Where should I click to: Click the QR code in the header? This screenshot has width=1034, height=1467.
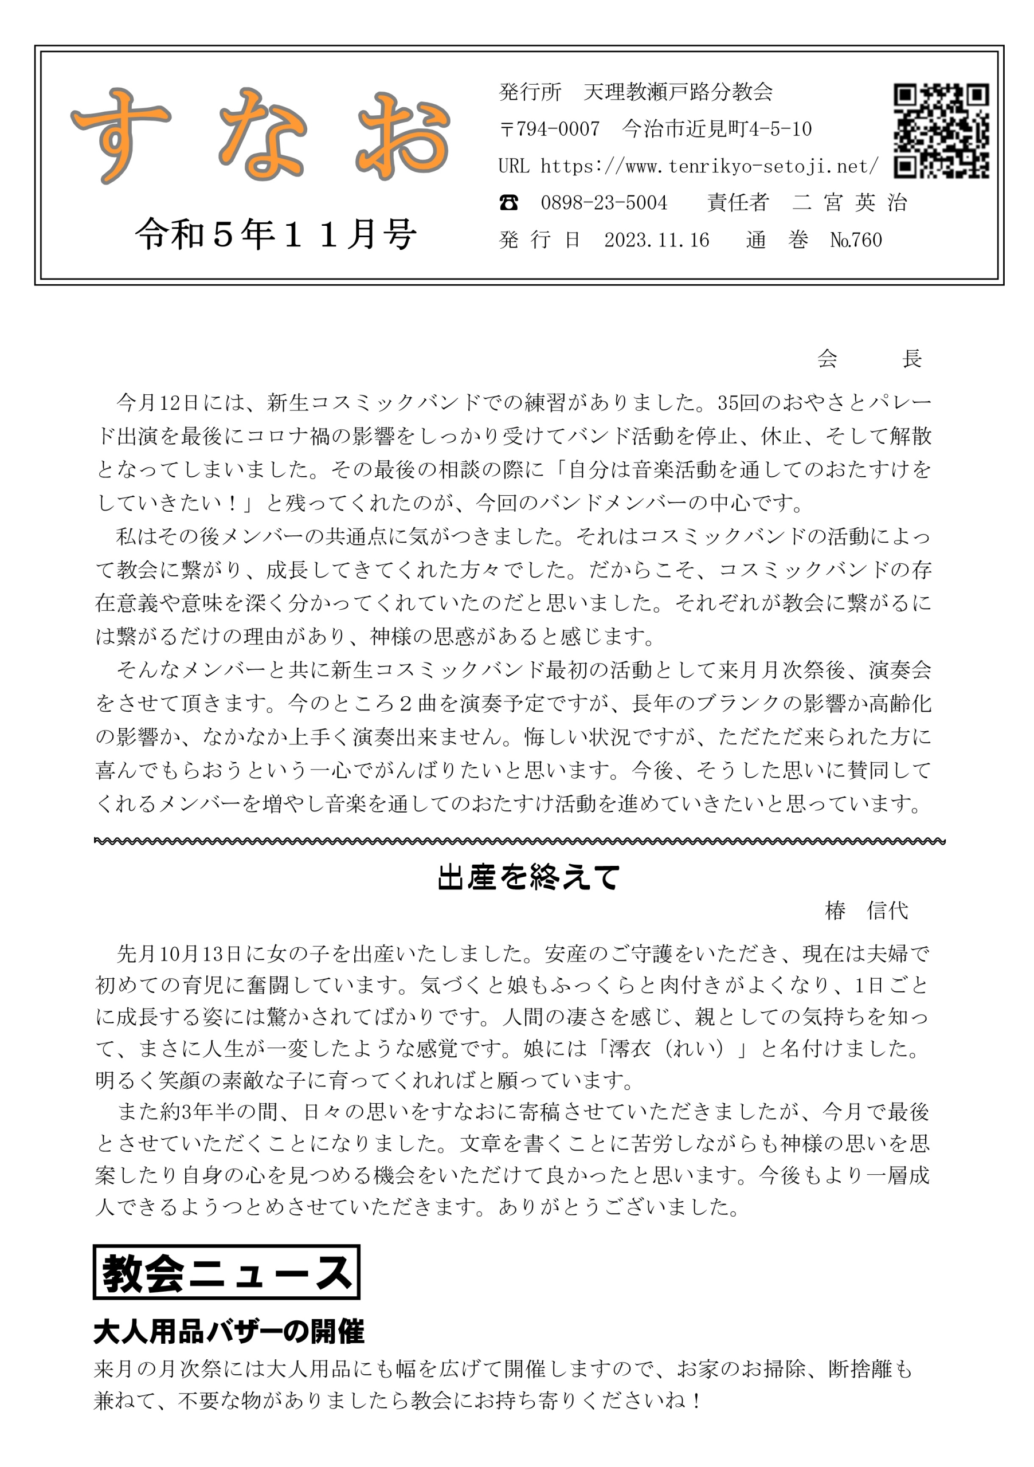(x=941, y=131)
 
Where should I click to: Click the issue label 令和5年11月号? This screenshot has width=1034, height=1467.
(x=276, y=234)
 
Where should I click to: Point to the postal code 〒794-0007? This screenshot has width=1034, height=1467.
(x=550, y=129)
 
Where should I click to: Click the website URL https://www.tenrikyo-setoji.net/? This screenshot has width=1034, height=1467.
(x=710, y=166)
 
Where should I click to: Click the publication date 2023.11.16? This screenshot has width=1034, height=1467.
(x=656, y=240)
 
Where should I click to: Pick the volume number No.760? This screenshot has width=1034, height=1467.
(x=856, y=240)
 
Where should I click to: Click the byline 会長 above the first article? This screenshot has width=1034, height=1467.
(x=869, y=359)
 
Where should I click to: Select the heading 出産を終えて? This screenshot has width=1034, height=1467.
(x=528, y=877)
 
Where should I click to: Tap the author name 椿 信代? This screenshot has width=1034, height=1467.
(x=866, y=911)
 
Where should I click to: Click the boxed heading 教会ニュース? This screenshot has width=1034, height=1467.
(x=226, y=1272)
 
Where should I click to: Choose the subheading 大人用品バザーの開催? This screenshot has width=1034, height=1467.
(x=229, y=1332)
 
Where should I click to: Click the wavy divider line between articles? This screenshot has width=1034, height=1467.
(x=519, y=841)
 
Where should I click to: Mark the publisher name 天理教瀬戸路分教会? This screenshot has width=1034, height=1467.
(x=678, y=92)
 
